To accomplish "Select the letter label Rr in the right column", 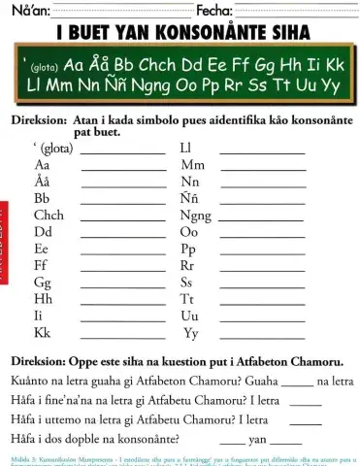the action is point(188,264).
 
